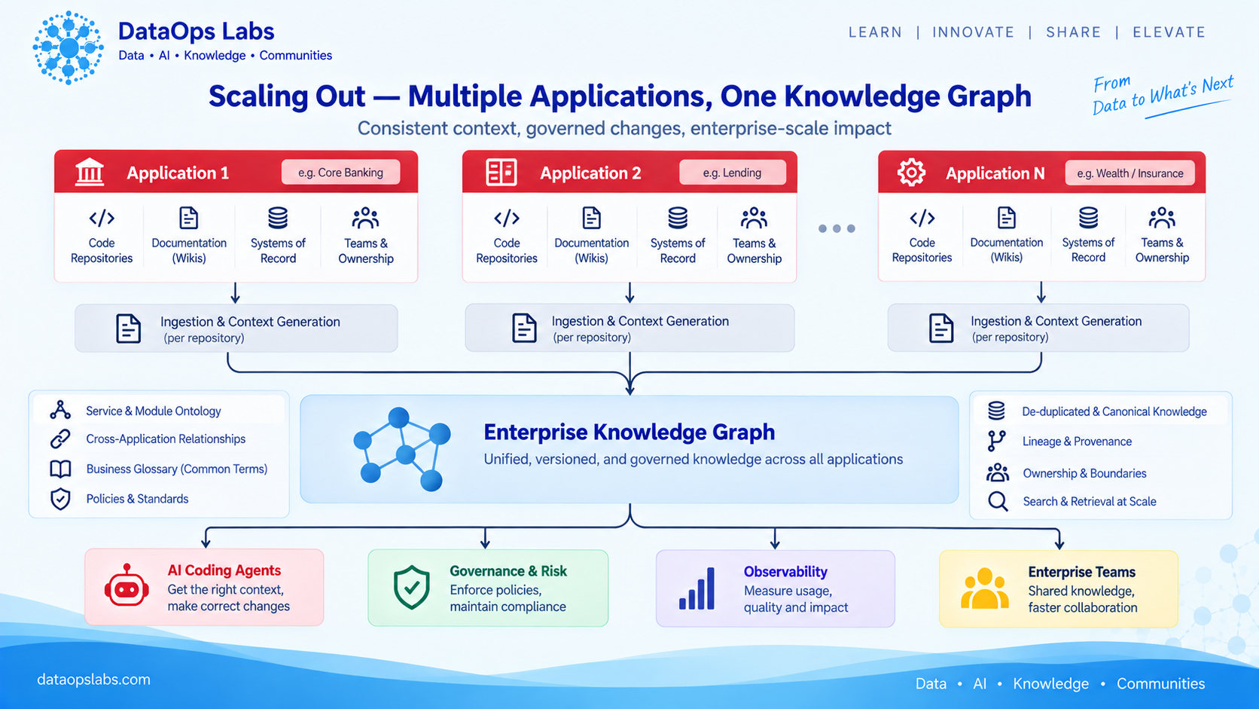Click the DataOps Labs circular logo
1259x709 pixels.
[68, 47]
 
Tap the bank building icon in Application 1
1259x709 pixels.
[90, 172]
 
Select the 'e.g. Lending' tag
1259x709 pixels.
[732, 173]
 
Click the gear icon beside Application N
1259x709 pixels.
[911, 172]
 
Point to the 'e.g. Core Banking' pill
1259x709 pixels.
[340, 172]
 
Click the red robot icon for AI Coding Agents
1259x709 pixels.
[127, 586]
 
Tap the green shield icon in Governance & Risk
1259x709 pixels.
[411, 588]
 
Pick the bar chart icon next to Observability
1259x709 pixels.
[697, 588]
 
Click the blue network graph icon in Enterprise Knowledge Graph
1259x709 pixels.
[402, 448]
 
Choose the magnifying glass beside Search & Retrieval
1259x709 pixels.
[998, 502]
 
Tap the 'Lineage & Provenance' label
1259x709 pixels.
[1077, 442]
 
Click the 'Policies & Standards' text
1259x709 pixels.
[137, 499]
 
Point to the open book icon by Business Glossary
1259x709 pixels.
[61, 469]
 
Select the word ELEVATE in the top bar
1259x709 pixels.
[1169, 32]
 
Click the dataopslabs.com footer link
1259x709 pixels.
[94, 679]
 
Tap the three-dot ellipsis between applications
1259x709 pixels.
[837, 228]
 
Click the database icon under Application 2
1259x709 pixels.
[677, 218]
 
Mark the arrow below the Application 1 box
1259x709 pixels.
[236, 293]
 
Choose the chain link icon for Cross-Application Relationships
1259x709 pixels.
[60, 439]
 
